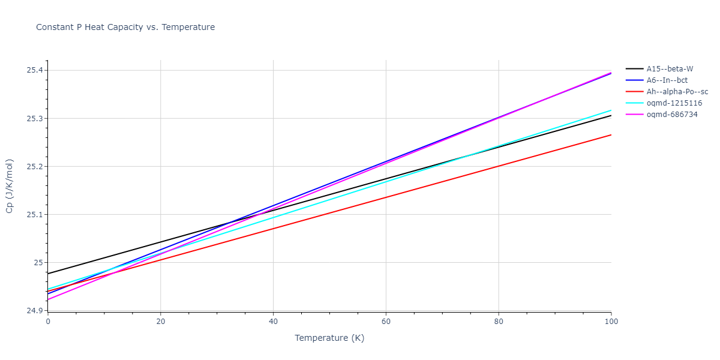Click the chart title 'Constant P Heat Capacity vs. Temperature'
(125, 27)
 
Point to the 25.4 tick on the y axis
(35, 70)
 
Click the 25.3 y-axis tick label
(35, 118)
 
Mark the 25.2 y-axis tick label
(35, 166)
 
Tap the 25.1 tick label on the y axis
(35, 214)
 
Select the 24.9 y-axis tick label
(35, 311)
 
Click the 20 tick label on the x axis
(160, 322)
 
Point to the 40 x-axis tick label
(273, 322)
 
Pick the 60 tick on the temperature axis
(386, 322)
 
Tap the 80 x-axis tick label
(499, 322)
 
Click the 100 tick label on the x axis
(611, 322)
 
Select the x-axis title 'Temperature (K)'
(329, 338)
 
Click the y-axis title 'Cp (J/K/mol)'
(10, 186)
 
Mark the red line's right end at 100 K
(611, 135)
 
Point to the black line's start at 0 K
(48, 274)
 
